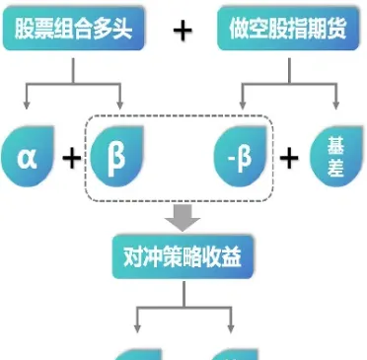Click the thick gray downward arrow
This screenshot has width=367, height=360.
pos(183,218)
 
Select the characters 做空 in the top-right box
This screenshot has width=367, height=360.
pos(247,31)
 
